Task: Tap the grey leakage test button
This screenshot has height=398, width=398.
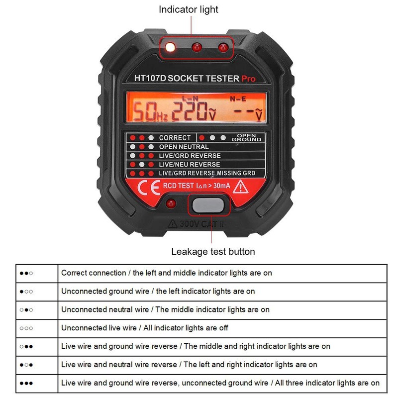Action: pyautogui.click(x=208, y=205)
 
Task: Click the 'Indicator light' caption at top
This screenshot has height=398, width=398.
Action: pyautogui.click(x=189, y=9)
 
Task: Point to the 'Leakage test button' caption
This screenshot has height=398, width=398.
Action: pyautogui.click(x=213, y=252)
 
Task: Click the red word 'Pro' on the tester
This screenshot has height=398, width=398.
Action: pyautogui.click(x=248, y=79)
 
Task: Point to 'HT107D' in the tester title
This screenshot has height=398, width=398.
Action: pyautogui.click(x=150, y=78)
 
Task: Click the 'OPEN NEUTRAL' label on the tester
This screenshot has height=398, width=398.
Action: pyautogui.click(x=184, y=147)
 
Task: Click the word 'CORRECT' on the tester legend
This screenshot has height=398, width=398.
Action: pyautogui.click(x=175, y=138)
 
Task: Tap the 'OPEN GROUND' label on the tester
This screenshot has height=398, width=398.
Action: pyautogui.click(x=247, y=138)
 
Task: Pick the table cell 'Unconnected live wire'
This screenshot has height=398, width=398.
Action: pyautogui.click(x=145, y=328)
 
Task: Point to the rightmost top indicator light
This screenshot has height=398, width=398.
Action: pyautogui.click(x=223, y=47)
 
